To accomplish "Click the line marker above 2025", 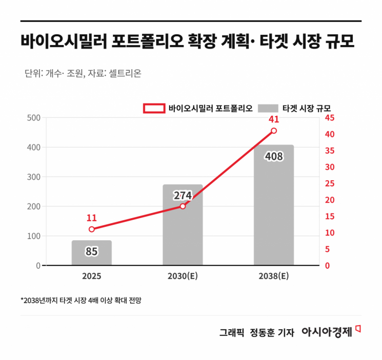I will [x=91, y=229].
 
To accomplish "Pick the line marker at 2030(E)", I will [x=183, y=206].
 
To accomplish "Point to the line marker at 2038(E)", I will [x=274, y=131].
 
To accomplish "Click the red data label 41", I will [x=274, y=119].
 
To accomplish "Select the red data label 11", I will [x=91, y=218].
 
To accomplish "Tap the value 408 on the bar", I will [x=274, y=157].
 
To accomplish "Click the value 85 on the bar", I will [x=91, y=251].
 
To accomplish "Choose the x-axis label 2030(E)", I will [x=183, y=277].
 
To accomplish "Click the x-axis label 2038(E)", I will [x=274, y=277].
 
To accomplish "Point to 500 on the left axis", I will [x=33, y=118].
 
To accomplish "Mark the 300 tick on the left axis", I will [x=33, y=177].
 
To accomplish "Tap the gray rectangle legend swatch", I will [x=269, y=108].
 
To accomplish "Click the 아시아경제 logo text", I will [x=327, y=331].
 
